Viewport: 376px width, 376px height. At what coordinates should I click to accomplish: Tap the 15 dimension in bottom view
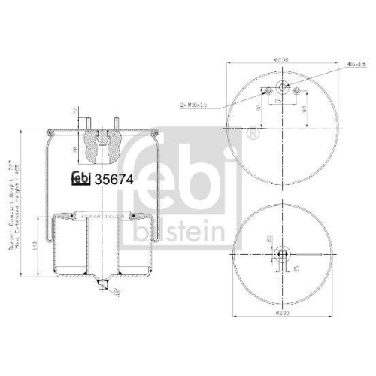[296, 268]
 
